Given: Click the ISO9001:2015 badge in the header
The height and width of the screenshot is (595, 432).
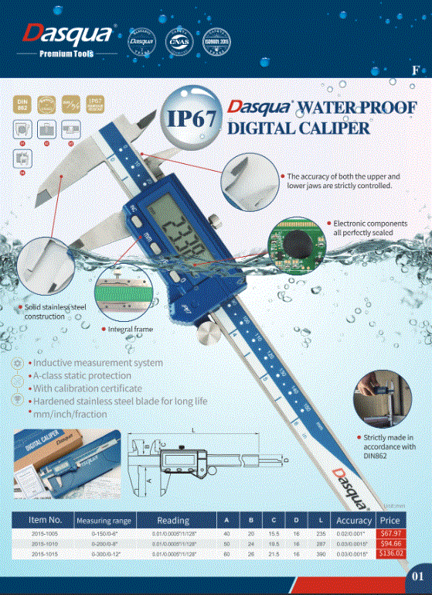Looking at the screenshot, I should coord(216,39).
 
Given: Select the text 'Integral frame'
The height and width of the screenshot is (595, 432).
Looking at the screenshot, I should coord(131,330).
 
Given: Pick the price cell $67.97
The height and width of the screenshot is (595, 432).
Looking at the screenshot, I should coord(389,534).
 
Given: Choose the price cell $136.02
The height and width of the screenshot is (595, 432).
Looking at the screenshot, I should coord(389,554).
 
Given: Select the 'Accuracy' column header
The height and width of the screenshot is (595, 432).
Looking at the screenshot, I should coord(354,521).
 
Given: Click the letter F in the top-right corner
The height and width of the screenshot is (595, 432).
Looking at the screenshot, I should coord(416,70).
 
